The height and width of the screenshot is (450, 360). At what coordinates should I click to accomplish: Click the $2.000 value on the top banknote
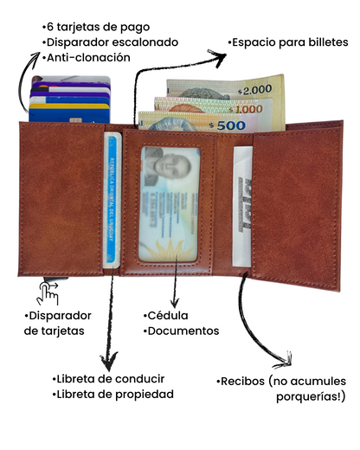[255, 90]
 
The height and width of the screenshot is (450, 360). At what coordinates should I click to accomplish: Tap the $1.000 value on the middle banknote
[246, 109]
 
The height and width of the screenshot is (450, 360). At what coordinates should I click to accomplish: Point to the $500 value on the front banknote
[228, 125]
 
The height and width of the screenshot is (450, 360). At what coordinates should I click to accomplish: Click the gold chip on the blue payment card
[75, 120]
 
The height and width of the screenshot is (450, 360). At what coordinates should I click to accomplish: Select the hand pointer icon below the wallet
[48, 293]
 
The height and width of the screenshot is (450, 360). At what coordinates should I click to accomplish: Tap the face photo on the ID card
[168, 167]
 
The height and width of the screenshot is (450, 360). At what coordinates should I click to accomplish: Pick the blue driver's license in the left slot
[112, 200]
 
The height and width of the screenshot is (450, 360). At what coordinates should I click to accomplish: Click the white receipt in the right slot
[242, 206]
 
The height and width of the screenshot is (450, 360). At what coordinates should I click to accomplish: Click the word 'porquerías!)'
[311, 397]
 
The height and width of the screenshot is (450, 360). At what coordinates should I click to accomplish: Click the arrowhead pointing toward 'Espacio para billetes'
[218, 58]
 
